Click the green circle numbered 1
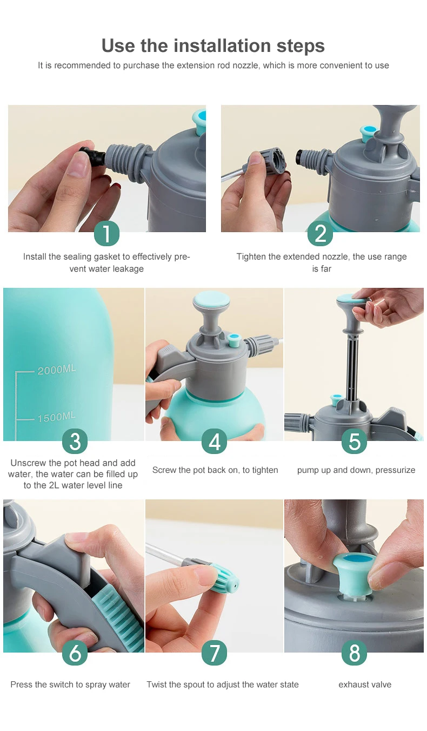(106, 233)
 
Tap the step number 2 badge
(320, 233)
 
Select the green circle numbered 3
(75, 442)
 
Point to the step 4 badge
(214, 442)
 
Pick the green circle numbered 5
(355, 442)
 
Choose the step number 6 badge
(75, 653)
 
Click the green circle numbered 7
(214, 653)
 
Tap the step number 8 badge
(355, 653)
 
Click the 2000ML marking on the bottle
(56, 370)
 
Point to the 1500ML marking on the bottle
(56, 417)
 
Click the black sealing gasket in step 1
(92, 156)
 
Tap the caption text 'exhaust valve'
(365, 684)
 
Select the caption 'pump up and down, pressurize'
(356, 470)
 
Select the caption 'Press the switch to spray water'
(70, 684)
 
